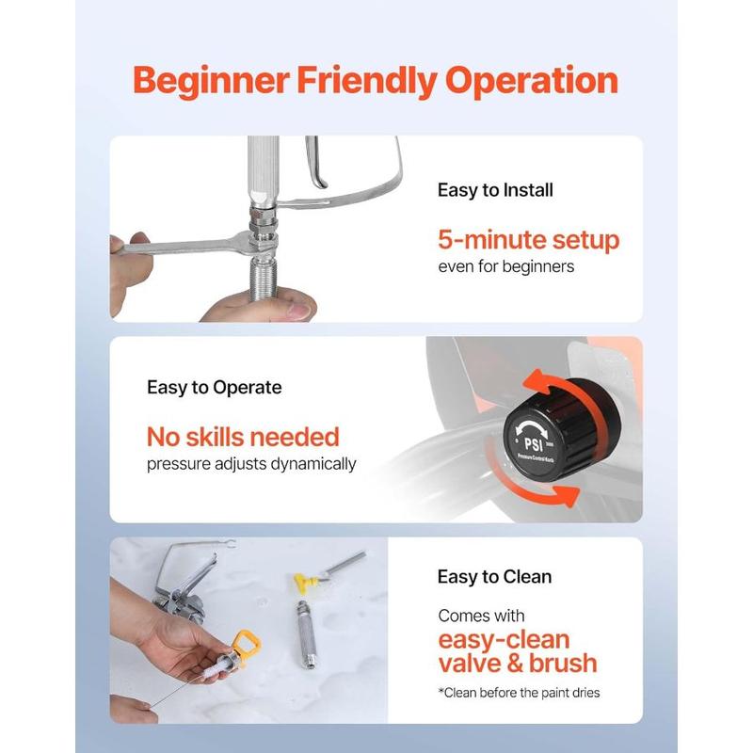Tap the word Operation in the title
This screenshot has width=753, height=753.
click(x=531, y=81)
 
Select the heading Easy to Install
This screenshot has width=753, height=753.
click(x=495, y=190)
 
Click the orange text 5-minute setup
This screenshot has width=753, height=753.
click(x=529, y=239)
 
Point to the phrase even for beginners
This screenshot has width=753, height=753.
click(x=505, y=266)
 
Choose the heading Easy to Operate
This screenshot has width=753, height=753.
click(x=214, y=387)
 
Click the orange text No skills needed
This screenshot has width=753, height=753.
click(x=242, y=436)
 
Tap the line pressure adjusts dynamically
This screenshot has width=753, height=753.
click(x=251, y=463)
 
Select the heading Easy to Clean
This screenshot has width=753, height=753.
click(x=494, y=576)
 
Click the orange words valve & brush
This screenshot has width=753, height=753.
click(x=518, y=663)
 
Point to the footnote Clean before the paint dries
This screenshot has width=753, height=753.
click(x=518, y=693)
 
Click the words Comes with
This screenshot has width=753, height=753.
click(x=481, y=616)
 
